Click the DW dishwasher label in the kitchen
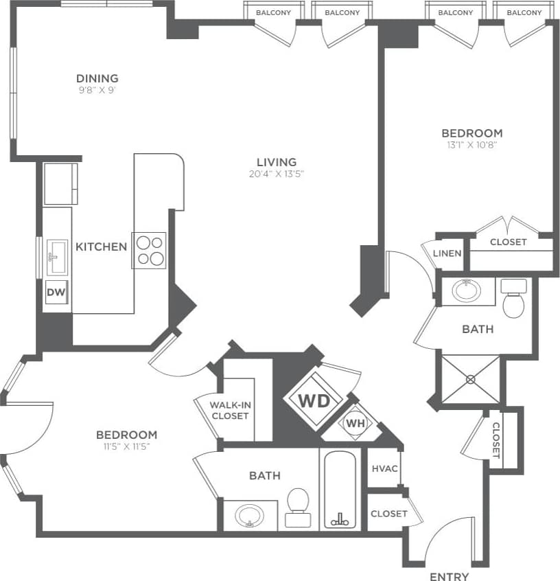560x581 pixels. click(x=56, y=293)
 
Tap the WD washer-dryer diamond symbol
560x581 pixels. click(x=314, y=400)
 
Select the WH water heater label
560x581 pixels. click(x=355, y=423)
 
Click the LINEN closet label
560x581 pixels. click(x=447, y=253)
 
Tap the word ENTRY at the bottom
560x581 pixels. click(x=449, y=576)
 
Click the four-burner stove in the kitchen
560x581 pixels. click(x=150, y=250)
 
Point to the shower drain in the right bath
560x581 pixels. click(x=471, y=378)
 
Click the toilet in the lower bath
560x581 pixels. click(x=297, y=507)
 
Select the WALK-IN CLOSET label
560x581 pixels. click(x=230, y=410)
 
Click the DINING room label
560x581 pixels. click(x=97, y=78)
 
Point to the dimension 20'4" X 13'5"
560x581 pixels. click(x=277, y=174)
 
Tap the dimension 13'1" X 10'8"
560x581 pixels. click(x=471, y=145)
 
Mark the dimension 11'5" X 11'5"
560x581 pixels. click(x=126, y=446)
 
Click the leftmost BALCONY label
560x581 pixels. click(x=273, y=12)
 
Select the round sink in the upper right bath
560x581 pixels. click(x=467, y=290)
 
